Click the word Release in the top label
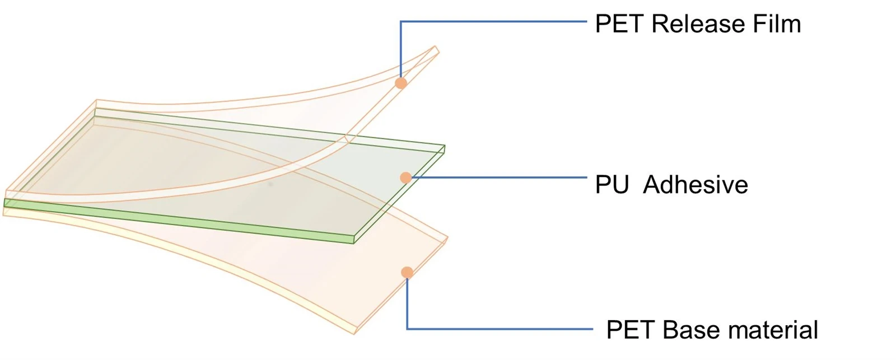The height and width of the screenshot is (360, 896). pos(698,24)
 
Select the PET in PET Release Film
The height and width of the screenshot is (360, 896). pos(619,24)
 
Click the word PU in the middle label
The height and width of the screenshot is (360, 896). pos(612,185)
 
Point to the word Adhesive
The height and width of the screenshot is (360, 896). pos(695,185)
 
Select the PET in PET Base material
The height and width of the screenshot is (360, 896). pos(630,330)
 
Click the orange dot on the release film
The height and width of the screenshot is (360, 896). pos(401,83)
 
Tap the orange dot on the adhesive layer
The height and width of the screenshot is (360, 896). pos(406,177)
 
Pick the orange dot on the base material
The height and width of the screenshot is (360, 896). pos(407,273)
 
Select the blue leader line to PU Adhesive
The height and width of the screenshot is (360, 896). pos(499,177)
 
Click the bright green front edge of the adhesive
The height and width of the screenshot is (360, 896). pos(179,221)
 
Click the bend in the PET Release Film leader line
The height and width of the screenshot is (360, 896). pos(401,22)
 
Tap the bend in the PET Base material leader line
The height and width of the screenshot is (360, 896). pos(407,329)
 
